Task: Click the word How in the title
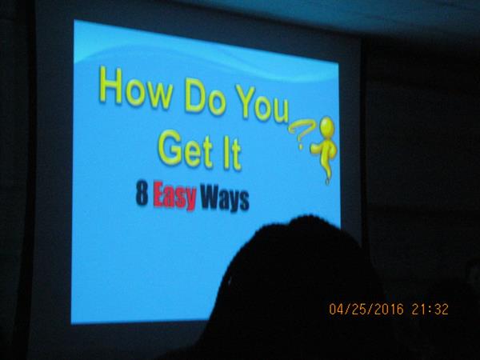(135, 87)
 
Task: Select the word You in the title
(262, 105)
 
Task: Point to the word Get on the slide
(186, 149)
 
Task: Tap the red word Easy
(174, 196)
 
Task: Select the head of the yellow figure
(327, 126)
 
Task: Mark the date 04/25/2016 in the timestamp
(366, 309)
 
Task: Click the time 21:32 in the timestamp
(430, 309)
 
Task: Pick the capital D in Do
(195, 95)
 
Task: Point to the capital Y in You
(245, 102)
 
